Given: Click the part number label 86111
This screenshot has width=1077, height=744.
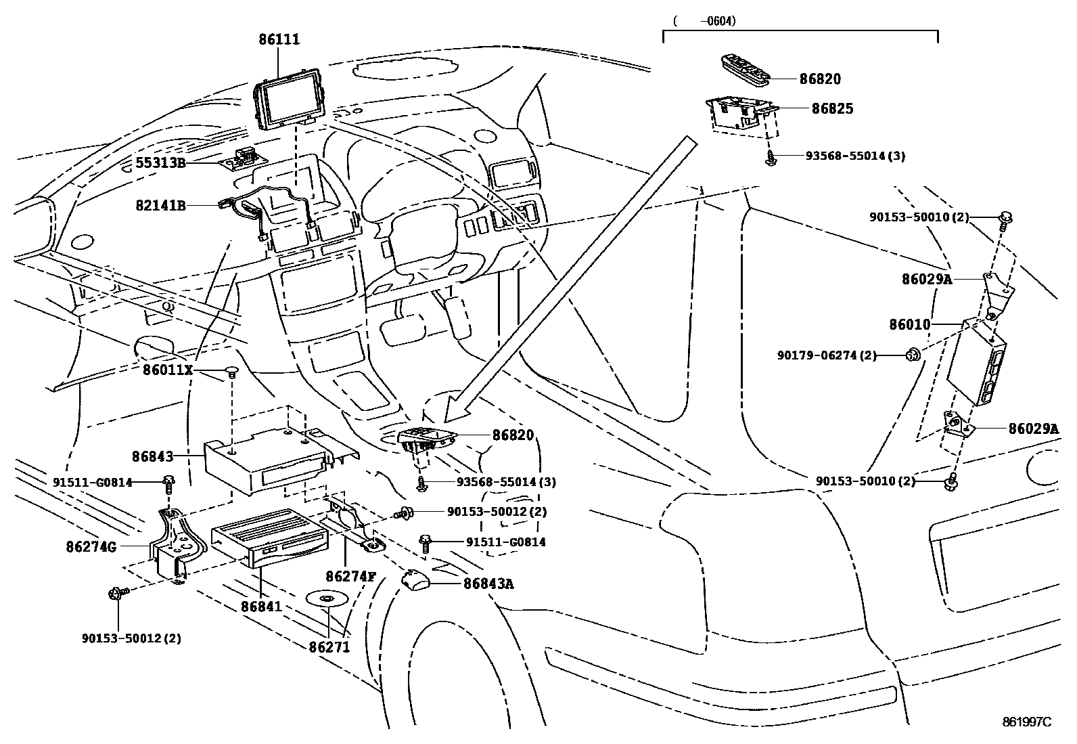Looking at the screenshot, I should [x=279, y=40].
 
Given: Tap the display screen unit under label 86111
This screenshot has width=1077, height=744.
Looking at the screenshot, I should [x=290, y=102].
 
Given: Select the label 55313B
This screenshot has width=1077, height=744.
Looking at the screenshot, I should [x=160, y=162].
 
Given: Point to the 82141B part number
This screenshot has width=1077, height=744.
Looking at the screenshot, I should [x=160, y=205].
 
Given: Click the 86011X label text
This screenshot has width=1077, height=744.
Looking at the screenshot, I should [x=168, y=370].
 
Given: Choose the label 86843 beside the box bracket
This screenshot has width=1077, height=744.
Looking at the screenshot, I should [x=153, y=457].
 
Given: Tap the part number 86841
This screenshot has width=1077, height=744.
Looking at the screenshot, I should [x=261, y=607].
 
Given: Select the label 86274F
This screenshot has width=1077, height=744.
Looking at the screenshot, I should [x=350, y=576].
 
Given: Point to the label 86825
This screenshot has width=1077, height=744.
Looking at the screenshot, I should [x=831, y=108].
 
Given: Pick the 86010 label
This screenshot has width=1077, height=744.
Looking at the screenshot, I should [x=910, y=325].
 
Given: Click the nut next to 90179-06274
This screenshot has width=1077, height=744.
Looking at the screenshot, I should [x=913, y=353].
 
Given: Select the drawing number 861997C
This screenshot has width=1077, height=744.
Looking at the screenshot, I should [x=1026, y=722].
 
